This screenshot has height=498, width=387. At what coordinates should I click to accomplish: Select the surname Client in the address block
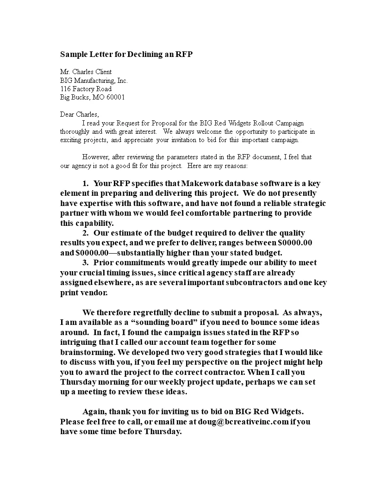(101, 72)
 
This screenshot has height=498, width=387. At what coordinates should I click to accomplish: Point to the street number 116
(65, 88)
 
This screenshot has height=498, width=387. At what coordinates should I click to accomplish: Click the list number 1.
(85, 183)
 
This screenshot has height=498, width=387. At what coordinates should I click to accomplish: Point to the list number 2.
(85, 233)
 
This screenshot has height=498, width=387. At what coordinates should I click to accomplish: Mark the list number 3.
(85, 262)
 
